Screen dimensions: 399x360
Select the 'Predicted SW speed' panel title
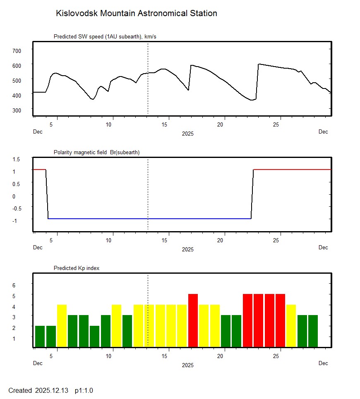(105, 37)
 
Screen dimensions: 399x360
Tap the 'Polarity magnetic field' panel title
(96, 153)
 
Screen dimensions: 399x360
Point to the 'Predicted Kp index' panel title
(77, 268)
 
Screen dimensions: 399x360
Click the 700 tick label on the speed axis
(17, 50)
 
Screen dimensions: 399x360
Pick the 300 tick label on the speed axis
(17, 110)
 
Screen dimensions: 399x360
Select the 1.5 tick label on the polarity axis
(17, 159)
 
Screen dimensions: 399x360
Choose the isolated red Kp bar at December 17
(193, 320)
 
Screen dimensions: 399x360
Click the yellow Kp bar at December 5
(62, 326)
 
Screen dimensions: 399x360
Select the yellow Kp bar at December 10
(116, 326)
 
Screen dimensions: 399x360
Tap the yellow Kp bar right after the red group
(291, 326)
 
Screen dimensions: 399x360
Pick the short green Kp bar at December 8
(94, 337)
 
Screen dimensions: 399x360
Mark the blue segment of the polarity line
(149, 218)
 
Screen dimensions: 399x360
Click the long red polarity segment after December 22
(292, 170)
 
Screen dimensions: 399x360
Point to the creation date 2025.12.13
(52, 390)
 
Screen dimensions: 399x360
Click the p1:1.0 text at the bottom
(84, 390)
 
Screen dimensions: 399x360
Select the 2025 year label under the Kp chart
(187, 365)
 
